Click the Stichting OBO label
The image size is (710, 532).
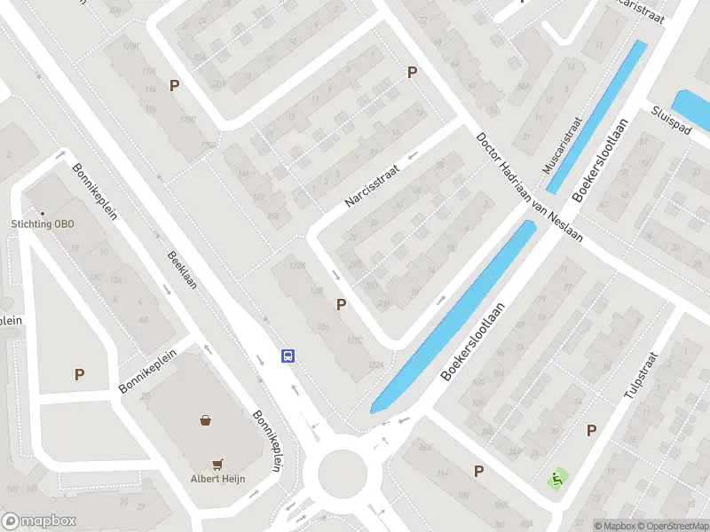point(43,223)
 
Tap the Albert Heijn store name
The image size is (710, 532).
point(217,479)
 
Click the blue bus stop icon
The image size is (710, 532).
point(288,356)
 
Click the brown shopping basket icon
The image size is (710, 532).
point(206,420)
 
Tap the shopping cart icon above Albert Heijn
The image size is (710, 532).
point(217,463)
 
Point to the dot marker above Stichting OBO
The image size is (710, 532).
point(42,211)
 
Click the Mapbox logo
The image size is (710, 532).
point(38,521)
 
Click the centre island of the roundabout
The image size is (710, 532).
point(342,471)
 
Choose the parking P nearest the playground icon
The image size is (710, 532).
point(591,430)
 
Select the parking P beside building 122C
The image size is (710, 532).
point(341,305)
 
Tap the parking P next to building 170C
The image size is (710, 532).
point(175,86)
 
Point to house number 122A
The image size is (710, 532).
point(375,364)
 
